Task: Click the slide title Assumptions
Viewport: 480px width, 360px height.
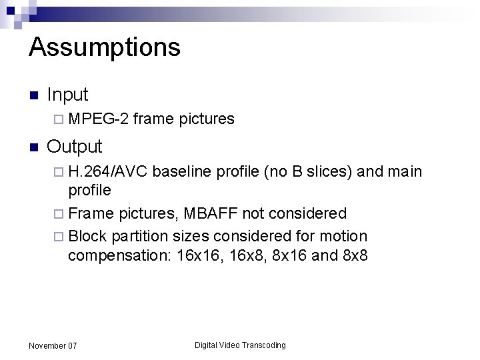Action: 105,48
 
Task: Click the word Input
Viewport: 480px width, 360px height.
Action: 67,95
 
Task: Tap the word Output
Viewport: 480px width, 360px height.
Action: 74,147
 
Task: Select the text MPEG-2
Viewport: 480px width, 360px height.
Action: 98,119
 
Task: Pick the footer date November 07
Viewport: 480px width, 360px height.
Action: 53,345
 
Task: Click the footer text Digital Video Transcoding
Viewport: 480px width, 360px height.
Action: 240,345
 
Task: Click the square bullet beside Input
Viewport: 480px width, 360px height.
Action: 34,95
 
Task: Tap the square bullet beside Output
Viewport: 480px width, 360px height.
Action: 34,147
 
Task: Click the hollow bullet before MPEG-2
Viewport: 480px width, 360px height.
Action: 61,119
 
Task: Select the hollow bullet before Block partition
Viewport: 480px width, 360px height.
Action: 61,236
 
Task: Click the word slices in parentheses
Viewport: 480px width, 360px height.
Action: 329,172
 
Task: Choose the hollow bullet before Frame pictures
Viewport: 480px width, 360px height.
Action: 61,214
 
